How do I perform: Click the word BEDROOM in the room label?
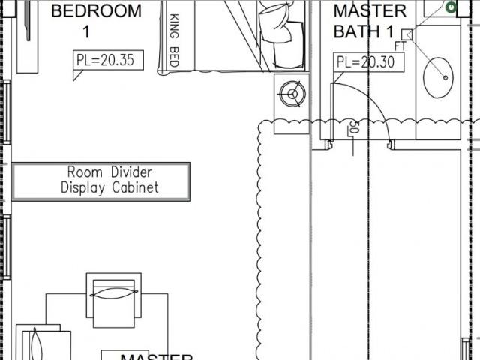95,11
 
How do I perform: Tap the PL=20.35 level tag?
108,60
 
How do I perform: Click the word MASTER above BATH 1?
370,11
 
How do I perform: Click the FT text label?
400,46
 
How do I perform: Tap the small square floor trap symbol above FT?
406,34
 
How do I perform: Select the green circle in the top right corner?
451,7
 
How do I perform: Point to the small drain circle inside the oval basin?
447,76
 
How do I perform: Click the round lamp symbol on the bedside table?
291,94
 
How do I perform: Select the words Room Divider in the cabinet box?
100,172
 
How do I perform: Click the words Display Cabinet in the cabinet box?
109,188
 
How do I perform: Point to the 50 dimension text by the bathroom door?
353,130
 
